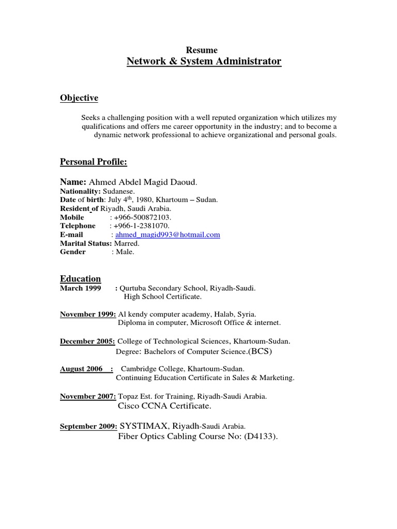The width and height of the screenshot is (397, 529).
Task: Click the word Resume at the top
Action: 204,50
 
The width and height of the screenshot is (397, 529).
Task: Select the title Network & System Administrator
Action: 204,61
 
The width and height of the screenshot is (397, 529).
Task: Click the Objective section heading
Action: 79,98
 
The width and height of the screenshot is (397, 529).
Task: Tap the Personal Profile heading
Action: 94,162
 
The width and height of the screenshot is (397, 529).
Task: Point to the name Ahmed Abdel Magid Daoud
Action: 143,182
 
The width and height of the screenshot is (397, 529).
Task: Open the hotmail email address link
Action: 167,235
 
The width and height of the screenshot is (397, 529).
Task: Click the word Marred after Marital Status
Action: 126,243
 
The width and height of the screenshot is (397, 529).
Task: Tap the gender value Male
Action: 125,252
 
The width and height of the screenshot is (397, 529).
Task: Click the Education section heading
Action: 81,279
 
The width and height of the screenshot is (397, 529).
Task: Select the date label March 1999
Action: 81,288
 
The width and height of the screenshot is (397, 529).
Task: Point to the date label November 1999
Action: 88,314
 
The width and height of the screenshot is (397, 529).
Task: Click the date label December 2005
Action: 88,341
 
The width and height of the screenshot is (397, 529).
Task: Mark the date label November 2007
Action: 88,396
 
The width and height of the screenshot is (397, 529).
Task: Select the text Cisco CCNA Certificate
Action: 164,406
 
